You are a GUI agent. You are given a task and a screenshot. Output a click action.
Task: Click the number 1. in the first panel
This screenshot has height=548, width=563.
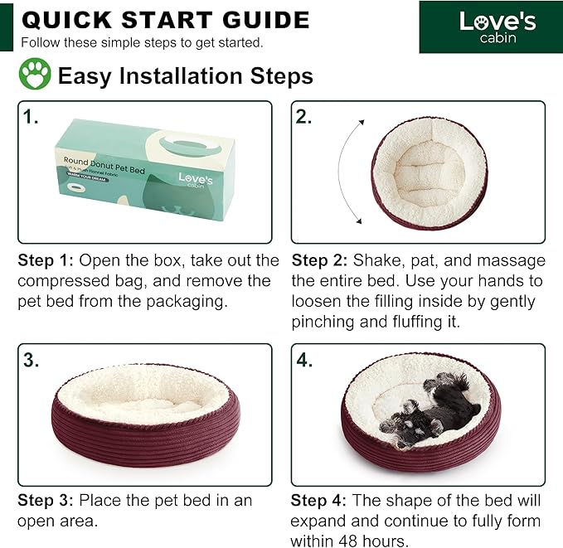pos(31,117)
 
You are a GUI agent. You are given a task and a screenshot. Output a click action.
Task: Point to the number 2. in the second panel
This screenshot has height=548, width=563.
pos(303,117)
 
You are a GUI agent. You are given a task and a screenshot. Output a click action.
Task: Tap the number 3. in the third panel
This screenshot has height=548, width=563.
pos(31,360)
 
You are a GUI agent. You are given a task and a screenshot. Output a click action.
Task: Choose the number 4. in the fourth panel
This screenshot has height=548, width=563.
pos(304,360)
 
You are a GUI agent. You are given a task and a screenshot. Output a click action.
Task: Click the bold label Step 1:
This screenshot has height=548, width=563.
pos(46,261)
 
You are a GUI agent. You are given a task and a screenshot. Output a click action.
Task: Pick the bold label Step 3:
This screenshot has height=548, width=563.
pos(46,501)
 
